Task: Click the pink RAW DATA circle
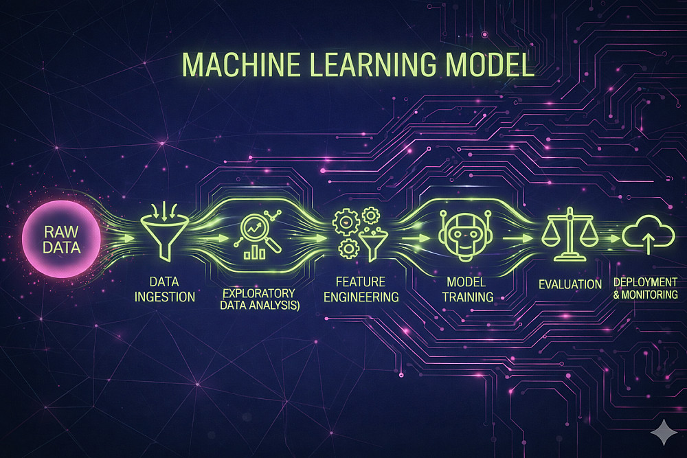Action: [x=61, y=238]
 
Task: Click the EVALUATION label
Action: [x=570, y=284]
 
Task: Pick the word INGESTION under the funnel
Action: [x=165, y=297]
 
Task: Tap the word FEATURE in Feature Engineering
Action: [x=361, y=282]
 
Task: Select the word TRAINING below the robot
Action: [x=467, y=297]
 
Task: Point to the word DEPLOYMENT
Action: [x=646, y=282]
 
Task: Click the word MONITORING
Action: [x=651, y=295]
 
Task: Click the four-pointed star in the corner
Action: [x=662, y=434]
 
